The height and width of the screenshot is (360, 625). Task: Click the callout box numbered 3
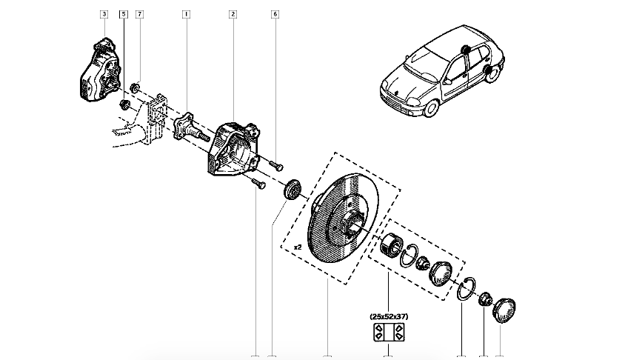pos(104,14)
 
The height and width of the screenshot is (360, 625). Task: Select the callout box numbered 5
pos(122,14)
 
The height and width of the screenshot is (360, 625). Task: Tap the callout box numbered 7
pos(139,14)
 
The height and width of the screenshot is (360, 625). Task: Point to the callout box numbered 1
pos(186,14)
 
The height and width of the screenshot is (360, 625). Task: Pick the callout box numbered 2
pos(233,14)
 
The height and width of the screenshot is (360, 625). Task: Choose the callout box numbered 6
pos(275,14)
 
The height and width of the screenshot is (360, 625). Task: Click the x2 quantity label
pos(298,245)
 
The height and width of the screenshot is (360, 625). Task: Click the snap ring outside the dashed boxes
pos(464,288)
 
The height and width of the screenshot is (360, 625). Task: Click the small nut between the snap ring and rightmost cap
pos(485,300)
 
